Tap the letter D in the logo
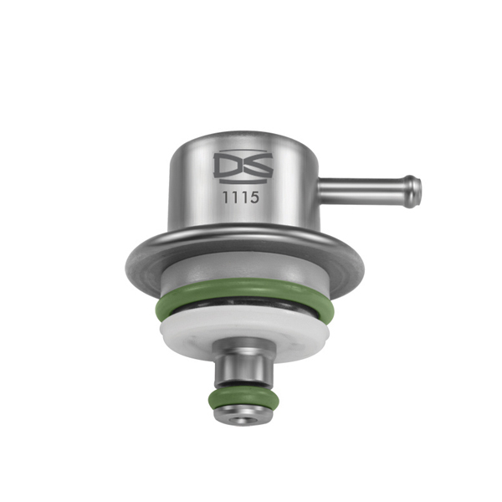[227, 168]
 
